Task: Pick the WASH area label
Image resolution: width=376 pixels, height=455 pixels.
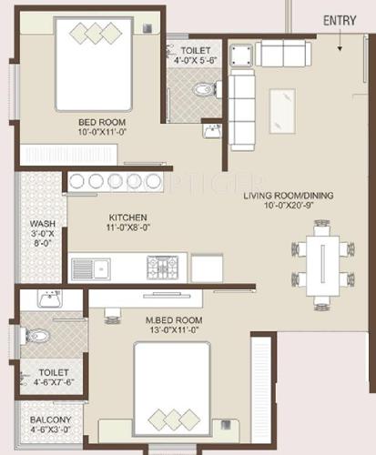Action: click(41, 224)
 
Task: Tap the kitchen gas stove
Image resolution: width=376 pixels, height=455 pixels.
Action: click(167, 267)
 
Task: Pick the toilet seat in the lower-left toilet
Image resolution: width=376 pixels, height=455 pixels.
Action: click(35, 335)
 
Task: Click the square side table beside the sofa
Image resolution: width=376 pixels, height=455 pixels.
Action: click(240, 55)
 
